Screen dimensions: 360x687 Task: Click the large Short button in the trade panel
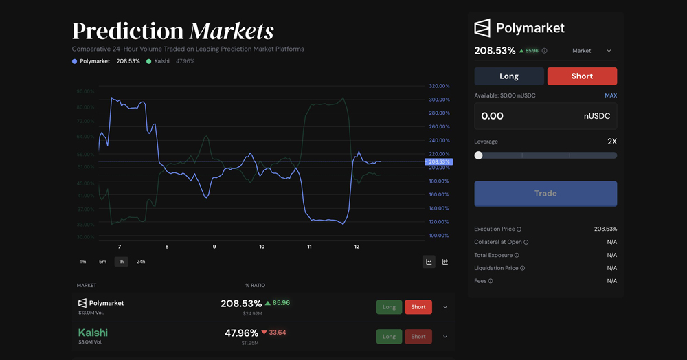click(x=582, y=76)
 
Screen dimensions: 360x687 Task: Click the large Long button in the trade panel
click(x=509, y=76)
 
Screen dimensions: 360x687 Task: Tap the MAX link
click(x=611, y=95)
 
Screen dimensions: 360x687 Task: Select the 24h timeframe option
click(x=141, y=262)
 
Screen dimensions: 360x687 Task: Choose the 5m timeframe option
click(x=102, y=262)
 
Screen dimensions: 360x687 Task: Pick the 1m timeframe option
click(x=83, y=262)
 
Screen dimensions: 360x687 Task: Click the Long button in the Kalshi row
click(x=389, y=337)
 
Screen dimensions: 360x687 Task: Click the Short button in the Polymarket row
click(x=418, y=307)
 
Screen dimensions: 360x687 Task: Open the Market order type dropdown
click(x=592, y=51)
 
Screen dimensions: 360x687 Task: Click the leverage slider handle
click(x=479, y=155)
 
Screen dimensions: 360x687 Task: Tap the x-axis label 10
click(x=262, y=247)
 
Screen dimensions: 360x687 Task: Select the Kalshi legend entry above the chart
click(x=161, y=61)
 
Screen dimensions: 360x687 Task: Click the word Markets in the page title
click(x=232, y=31)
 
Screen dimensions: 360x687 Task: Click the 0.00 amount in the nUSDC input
click(x=493, y=116)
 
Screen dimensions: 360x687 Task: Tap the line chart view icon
click(x=429, y=262)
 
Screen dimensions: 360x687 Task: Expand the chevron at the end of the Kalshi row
click(x=445, y=337)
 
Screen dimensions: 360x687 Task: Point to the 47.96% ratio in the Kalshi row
click(x=241, y=333)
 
